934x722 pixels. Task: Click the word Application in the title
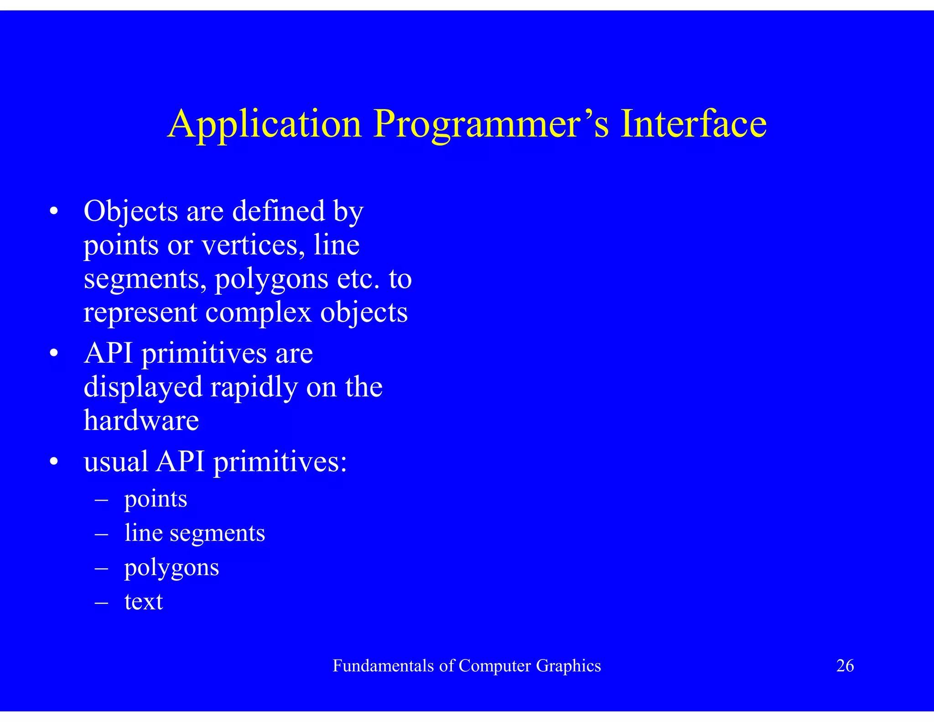coord(265,124)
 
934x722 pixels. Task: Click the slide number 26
coord(845,666)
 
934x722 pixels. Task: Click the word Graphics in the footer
coord(568,666)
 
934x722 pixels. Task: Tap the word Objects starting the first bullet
coord(131,212)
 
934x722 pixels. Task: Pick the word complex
coord(258,313)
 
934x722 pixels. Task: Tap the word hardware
coord(141,420)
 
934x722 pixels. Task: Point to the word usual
coord(116,461)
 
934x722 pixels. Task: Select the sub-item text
coord(143,602)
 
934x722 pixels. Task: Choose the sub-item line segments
coord(195,533)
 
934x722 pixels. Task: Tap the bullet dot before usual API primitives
coord(54,462)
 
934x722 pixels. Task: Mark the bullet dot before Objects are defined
coord(54,212)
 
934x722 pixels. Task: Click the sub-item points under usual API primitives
coord(156,499)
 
